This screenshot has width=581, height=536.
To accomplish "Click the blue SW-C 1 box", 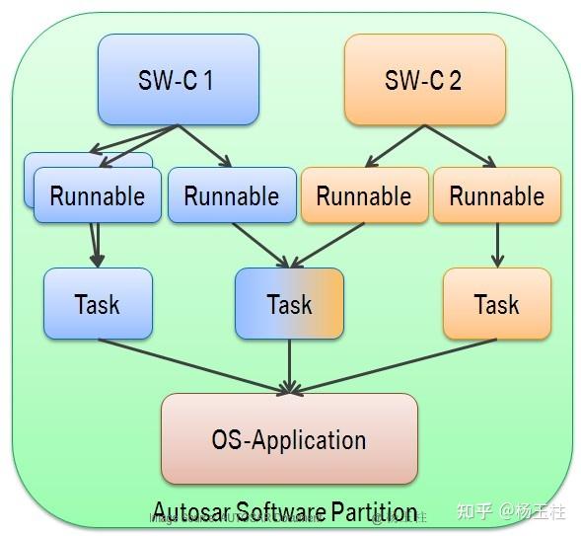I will (x=178, y=80).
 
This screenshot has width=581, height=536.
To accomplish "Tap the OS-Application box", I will (x=289, y=439).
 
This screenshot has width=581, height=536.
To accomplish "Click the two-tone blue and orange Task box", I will (x=289, y=304).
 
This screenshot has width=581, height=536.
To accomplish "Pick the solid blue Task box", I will (x=98, y=304).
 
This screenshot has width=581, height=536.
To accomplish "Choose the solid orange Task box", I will (x=496, y=304).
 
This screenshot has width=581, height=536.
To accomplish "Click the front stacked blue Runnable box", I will (x=97, y=195).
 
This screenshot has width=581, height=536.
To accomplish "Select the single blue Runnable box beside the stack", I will (x=232, y=195).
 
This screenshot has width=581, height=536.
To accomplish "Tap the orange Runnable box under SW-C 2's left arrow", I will (x=364, y=195).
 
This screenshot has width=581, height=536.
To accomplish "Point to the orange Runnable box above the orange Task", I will (x=496, y=195).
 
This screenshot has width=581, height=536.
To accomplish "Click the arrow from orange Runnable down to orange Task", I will (x=497, y=245).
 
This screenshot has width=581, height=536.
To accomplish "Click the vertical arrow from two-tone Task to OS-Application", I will (x=289, y=365).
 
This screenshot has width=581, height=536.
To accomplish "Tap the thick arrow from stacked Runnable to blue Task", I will (x=96, y=245).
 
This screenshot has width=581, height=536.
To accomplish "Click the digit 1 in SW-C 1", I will (x=208, y=80).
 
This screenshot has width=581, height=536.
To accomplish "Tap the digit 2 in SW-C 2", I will (x=455, y=80).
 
